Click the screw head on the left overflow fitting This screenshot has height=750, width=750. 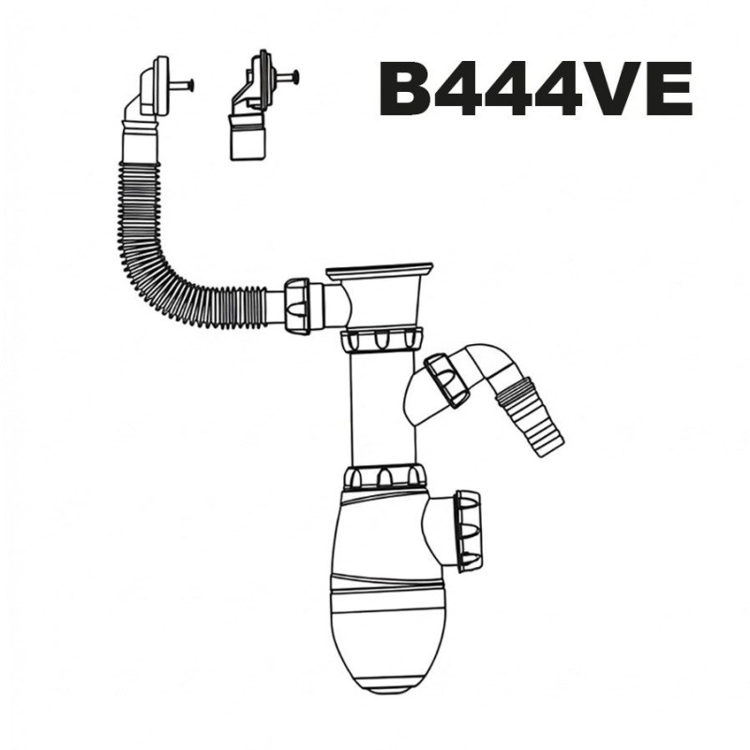coord(190,85)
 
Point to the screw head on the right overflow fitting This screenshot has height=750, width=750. coord(296,76)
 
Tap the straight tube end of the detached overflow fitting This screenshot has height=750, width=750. coord(247,143)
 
